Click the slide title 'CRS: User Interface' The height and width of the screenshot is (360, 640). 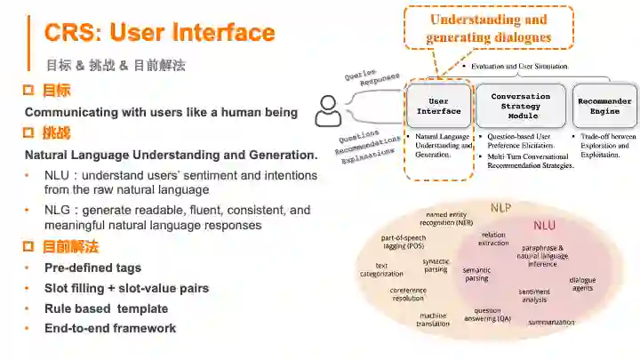click(x=160, y=34)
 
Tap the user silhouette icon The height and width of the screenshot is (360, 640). click(x=328, y=111)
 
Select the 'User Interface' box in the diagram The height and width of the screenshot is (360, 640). click(x=439, y=106)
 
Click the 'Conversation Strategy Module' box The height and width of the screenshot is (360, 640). click(x=521, y=106)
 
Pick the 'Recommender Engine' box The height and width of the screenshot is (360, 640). click(x=604, y=106)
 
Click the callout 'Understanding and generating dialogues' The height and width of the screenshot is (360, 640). click(x=488, y=28)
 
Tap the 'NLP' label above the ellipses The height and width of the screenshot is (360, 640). click(x=501, y=208)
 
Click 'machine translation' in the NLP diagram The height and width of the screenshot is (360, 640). click(x=433, y=319)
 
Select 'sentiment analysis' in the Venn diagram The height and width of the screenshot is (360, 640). click(x=534, y=296)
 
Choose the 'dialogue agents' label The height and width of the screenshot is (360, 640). click(x=583, y=284)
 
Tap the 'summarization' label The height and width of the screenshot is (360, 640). click(x=552, y=322)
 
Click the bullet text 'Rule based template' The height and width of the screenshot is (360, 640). click(x=106, y=308)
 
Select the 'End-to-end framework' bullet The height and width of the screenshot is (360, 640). click(x=110, y=328)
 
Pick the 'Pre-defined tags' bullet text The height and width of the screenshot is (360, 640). click(x=92, y=268)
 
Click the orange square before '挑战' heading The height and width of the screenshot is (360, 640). click(x=28, y=133)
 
